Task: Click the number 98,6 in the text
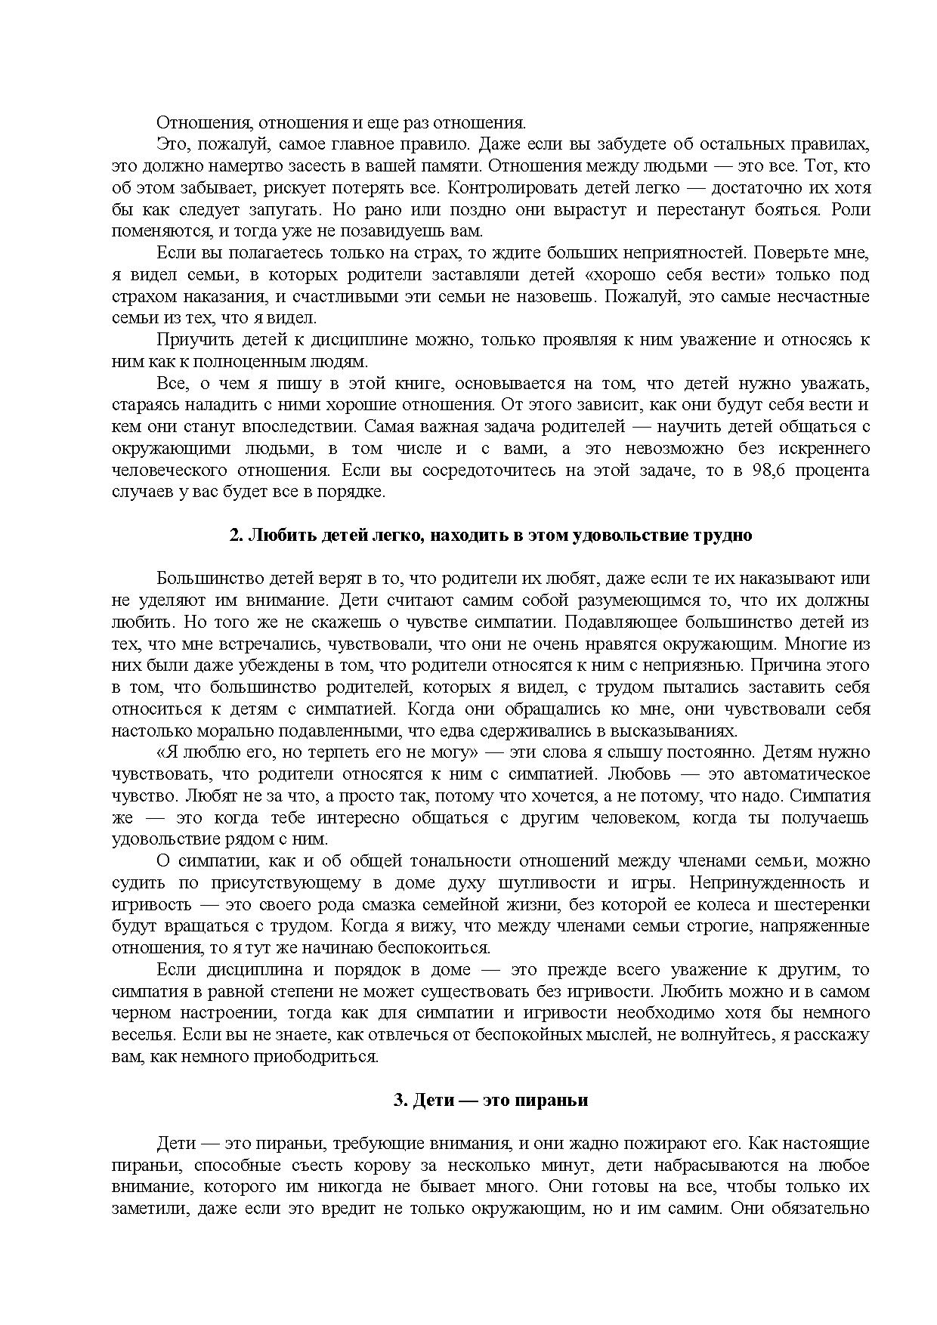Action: coord(772,471)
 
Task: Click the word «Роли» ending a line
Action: coord(851,210)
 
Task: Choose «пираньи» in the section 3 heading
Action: coord(559,1101)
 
